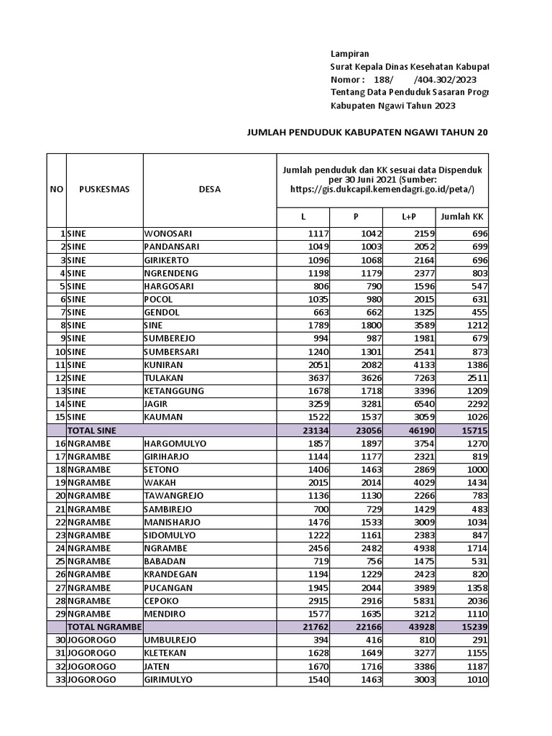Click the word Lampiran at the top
349,54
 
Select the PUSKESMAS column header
100,190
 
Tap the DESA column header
210,190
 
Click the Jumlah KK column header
462,217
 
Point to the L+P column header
409,217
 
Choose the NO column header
56,190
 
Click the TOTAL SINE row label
92,430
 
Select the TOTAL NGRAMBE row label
105,627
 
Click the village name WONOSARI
168,234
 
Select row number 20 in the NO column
58,496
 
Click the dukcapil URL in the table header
382,189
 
